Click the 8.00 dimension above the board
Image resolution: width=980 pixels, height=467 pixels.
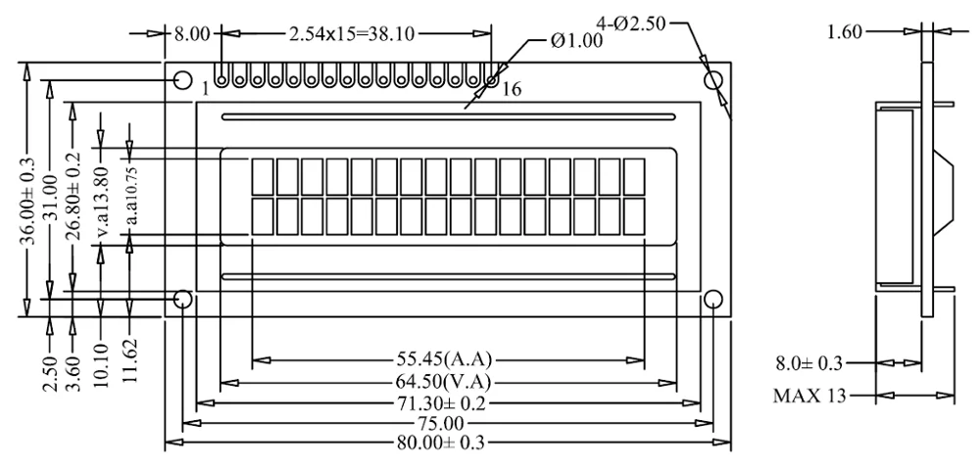[x=192, y=34]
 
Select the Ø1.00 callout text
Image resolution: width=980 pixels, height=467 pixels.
[x=575, y=41]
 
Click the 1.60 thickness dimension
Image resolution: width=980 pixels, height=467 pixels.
[x=845, y=32]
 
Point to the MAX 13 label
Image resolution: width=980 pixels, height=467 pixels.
[x=808, y=397]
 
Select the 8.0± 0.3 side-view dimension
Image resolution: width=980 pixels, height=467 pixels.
[x=808, y=364]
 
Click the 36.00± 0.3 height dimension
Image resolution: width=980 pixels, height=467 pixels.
[x=28, y=192]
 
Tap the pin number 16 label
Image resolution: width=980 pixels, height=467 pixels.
[x=510, y=90]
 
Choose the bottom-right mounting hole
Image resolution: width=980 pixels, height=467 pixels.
[x=713, y=298]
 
